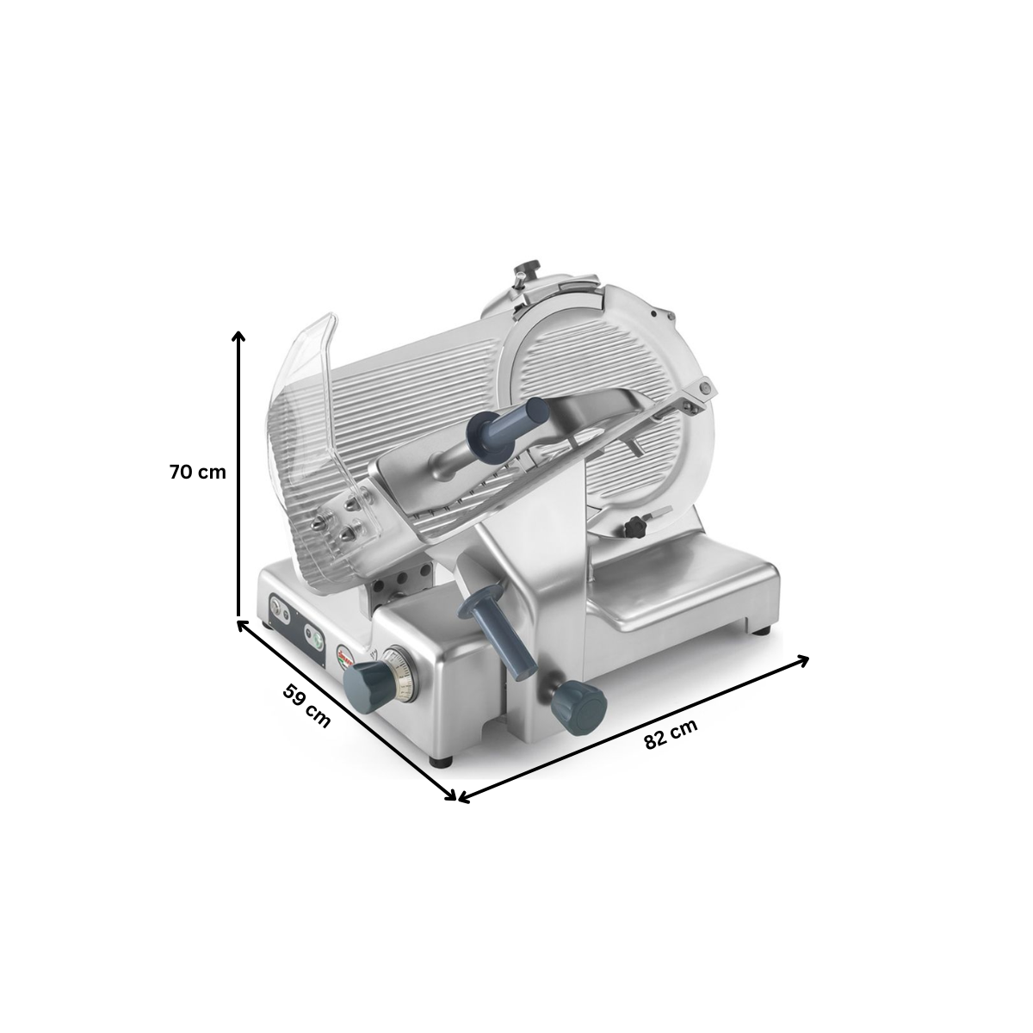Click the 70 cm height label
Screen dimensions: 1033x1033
point(197,472)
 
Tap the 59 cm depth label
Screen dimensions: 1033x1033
point(306,706)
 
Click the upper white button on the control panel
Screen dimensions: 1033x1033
point(280,607)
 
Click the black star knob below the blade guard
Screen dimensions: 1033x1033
point(635,525)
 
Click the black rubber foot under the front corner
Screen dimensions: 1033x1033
point(442,761)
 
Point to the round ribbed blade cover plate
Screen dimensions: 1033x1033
point(594,362)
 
